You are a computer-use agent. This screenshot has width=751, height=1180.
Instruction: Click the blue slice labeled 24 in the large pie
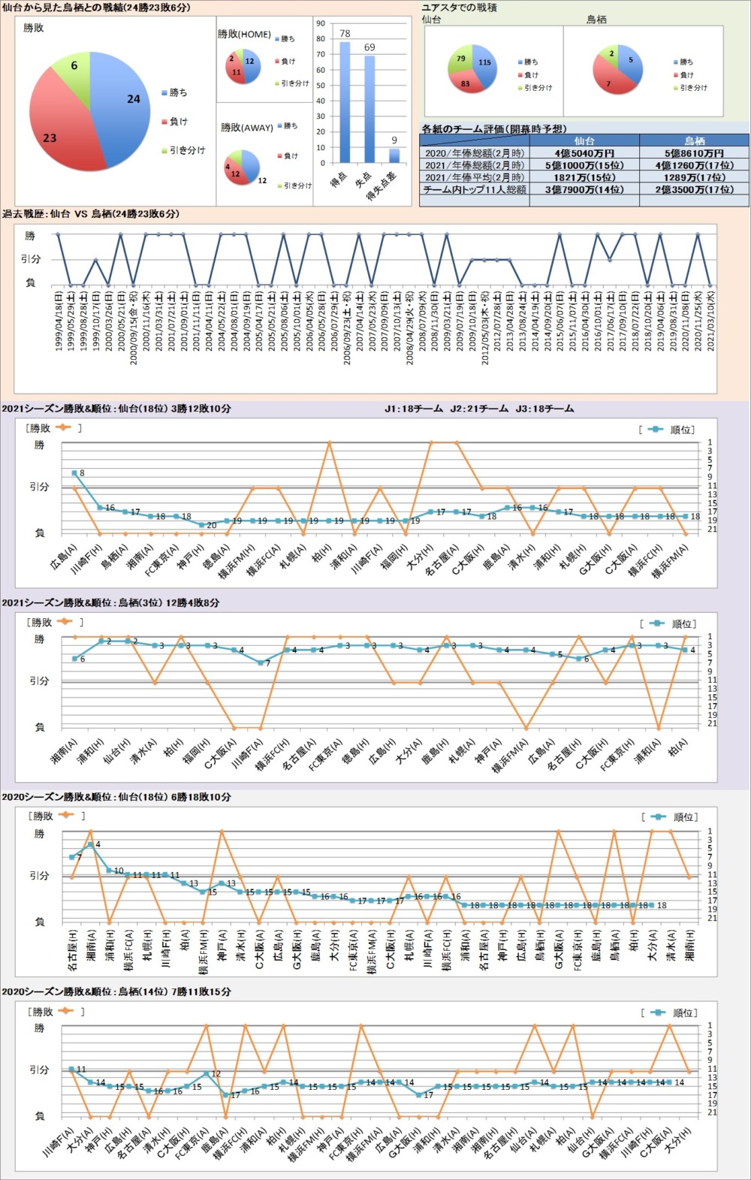click(x=124, y=101)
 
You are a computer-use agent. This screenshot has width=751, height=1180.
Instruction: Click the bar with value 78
click(x=345, y=101)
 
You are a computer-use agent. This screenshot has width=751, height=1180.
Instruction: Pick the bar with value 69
click(x=369, y=109)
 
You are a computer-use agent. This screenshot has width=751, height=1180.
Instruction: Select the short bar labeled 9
click(x=394, y=155)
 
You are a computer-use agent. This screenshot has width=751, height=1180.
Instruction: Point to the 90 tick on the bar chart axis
click(x=321, y=23)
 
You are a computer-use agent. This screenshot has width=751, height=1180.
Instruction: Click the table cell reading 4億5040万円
click(x=584, y=153)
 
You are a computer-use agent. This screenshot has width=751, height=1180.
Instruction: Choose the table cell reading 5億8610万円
click(x=694, y=153)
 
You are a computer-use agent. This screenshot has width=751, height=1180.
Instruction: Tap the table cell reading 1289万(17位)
click(x=694, y=178)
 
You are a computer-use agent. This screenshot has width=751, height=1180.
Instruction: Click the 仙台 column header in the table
click(x=584, y=140)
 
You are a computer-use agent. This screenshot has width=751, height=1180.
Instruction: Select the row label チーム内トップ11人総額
click(x=474, y=190)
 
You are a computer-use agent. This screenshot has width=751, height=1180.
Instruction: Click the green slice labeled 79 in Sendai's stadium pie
click(x=460, y=60)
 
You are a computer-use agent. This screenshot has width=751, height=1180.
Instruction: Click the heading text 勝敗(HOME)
click(x=244, y=35)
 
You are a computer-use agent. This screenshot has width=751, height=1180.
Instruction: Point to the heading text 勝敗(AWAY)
click(x=246, y=128)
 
